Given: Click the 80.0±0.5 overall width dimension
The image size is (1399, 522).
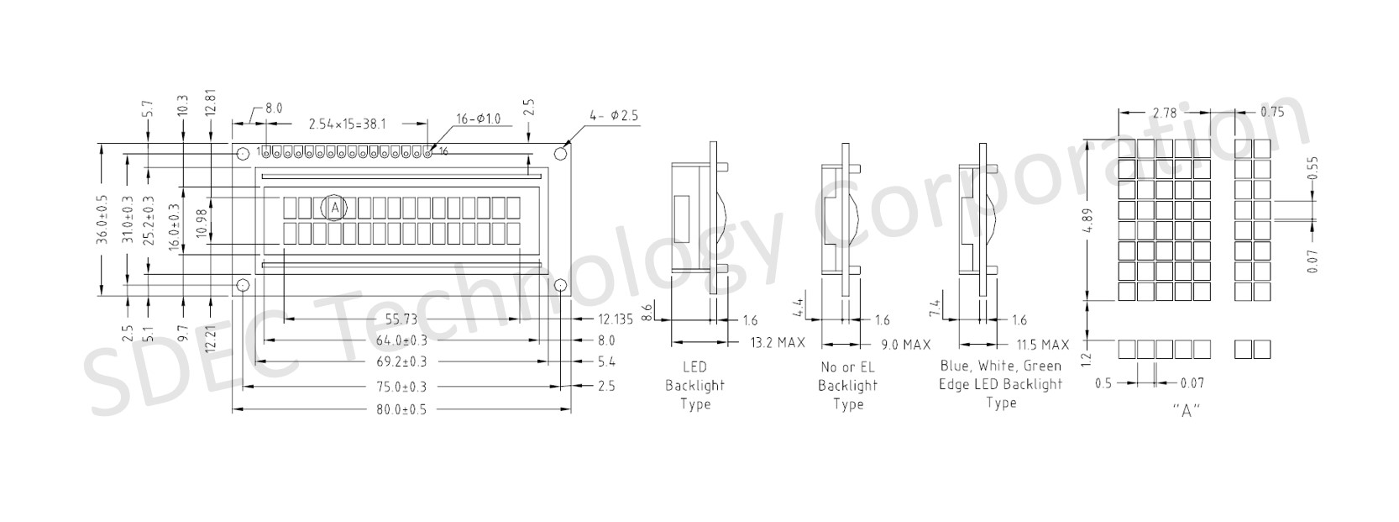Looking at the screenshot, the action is pos(401,410).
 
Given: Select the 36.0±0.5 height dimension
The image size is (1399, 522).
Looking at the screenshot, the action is pos(102,220).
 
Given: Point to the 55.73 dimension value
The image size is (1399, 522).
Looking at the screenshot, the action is pos(401,319).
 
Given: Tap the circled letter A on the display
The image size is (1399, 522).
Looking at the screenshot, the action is pos(335,208).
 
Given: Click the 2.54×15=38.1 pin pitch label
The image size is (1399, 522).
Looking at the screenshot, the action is pos(348,124).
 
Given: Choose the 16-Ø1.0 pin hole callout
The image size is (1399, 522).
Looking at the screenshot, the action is pos(479,119).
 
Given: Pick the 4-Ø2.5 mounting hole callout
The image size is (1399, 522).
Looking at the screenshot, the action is pos(614,116).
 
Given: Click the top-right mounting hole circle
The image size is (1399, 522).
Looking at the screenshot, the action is pos(562,152).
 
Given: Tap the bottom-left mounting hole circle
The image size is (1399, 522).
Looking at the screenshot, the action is pos(243,286).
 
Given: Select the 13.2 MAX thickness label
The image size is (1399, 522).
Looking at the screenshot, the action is pos(778,343).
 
